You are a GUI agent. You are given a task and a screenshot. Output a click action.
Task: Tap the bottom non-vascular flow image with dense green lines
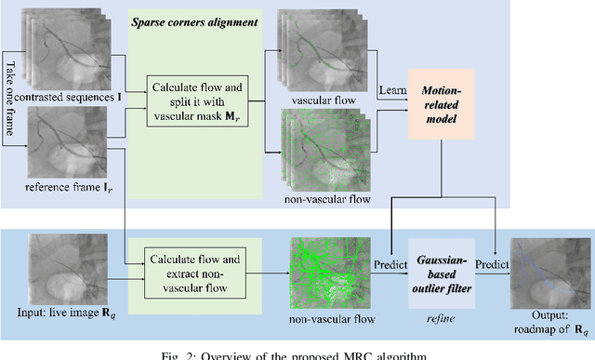point(323,265)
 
